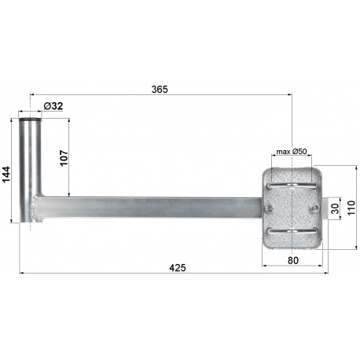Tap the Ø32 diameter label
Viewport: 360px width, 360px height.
click(x=54, y=105)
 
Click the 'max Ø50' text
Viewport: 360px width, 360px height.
click(x=291, y=152)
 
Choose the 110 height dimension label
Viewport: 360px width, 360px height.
click(x=351, y=208)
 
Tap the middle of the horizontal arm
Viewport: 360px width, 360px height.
click(x=149, y=208)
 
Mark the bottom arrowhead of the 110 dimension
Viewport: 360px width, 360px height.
click(x=343, y=246)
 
